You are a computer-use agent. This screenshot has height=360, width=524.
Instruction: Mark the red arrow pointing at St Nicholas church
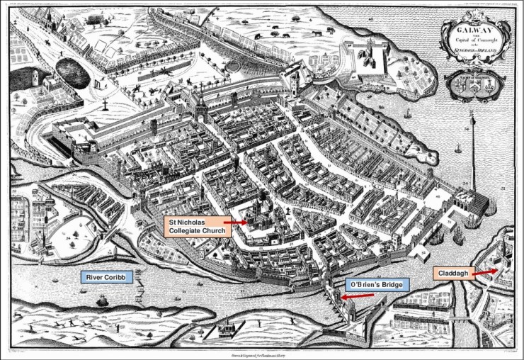click(236, 222)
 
